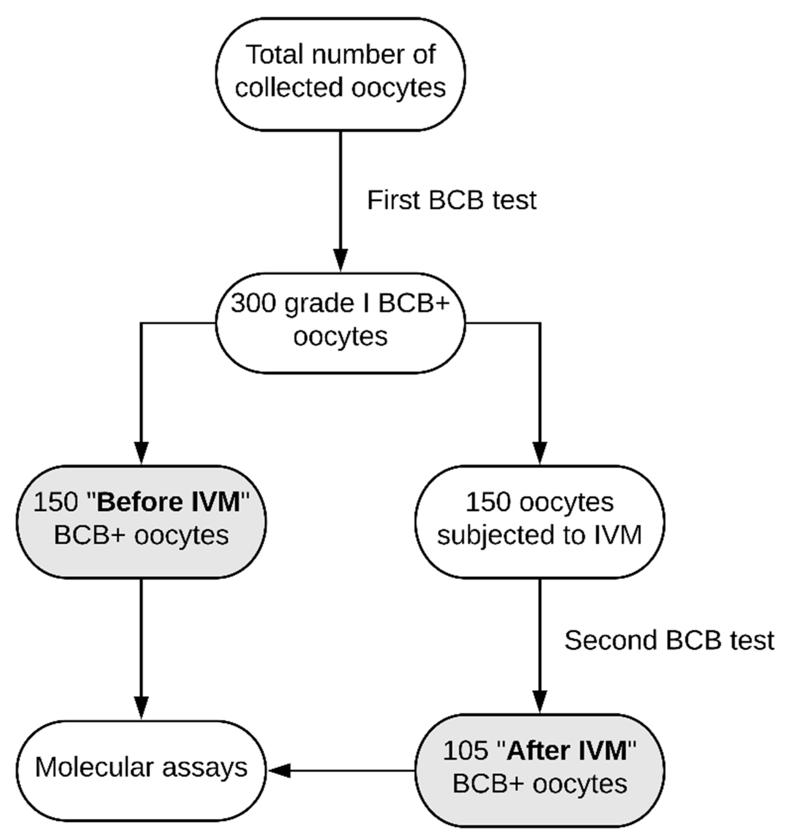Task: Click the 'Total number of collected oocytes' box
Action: [340, 74]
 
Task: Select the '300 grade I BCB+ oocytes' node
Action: [340, 323]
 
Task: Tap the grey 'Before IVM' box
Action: [141, 522]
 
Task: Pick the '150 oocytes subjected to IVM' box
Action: [540, 522]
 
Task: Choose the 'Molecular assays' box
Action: [141, 770]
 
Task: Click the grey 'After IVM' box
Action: [540, 770]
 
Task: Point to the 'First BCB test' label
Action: [452, 200]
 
